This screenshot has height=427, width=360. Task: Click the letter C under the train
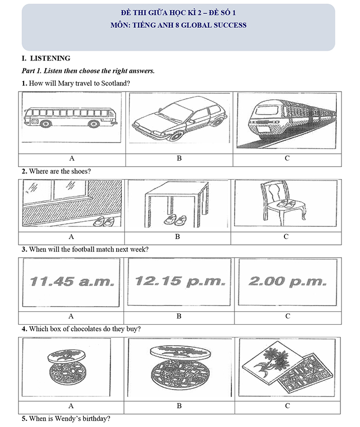(287, 158)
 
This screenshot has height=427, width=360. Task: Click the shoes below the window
(105, 221)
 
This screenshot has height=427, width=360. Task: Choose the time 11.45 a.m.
(71, 282)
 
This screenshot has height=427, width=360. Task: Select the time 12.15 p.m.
(179, 281)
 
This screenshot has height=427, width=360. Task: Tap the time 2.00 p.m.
(287, 281)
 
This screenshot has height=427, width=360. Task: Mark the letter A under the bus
(71, 158)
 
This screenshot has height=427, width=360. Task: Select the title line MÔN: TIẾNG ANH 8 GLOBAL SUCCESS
(178, 25)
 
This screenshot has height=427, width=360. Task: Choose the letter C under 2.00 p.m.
(287, 316)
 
